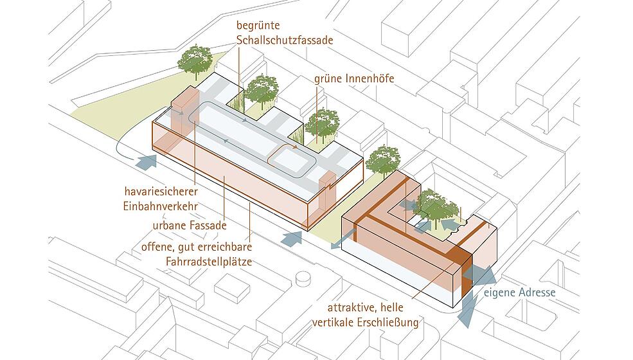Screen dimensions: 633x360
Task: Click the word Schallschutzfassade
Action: [x=285, y=40]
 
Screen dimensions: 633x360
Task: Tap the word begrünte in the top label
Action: [x=258, y=26]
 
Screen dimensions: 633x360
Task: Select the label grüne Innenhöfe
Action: [x=354, y=78]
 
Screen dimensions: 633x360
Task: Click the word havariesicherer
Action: [x=161, y=191]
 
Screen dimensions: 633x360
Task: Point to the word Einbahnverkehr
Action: [x=160, y=206]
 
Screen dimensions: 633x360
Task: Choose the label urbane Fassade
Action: [x=190, y=226]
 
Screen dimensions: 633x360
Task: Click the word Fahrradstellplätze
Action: [x=209, y=262]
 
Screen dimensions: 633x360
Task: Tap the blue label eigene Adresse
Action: [x=519, y=292]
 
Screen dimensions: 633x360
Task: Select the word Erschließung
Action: [x=388, y=323]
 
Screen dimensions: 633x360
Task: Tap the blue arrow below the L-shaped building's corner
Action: [x=468, y=309]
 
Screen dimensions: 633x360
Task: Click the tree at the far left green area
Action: [x=195, y=61]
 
